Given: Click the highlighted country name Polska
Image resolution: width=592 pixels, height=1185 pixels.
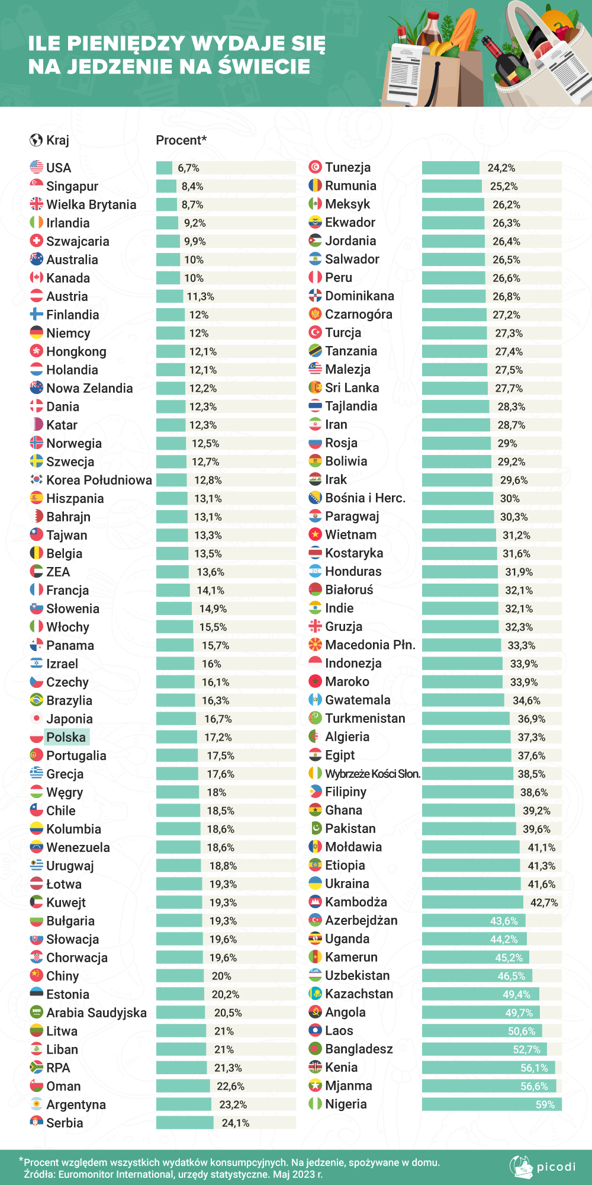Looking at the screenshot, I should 66,737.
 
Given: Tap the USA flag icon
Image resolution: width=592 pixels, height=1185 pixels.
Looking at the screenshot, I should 37,168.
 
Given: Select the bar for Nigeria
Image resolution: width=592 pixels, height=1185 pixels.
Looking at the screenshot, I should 491,1104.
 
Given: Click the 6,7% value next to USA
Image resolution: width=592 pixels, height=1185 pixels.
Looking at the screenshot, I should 188,168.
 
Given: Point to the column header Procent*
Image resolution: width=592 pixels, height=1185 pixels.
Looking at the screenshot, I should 181,140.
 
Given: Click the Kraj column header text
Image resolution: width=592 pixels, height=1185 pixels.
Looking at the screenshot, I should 57,140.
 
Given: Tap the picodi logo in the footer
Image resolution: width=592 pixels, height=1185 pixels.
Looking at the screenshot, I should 542,1167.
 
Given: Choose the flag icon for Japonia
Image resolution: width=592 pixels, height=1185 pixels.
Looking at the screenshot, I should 37,719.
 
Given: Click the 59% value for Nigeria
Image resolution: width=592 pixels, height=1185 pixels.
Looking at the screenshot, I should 545,1104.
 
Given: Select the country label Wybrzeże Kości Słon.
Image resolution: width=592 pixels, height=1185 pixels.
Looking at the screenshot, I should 372,774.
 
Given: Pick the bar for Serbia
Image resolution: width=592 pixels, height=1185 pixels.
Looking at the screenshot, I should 185,1123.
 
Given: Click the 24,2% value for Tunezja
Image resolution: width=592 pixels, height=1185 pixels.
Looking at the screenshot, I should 501,168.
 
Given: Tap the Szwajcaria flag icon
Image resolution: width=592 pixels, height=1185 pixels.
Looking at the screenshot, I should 37,241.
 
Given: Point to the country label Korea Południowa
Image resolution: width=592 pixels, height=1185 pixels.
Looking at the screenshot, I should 99,480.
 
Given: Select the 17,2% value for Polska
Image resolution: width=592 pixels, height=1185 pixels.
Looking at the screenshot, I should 218,738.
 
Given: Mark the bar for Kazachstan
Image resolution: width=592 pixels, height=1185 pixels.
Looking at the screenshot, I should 480,994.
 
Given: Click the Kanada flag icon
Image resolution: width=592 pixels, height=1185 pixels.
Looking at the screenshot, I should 37,278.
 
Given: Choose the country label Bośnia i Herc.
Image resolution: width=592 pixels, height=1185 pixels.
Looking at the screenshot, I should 365,498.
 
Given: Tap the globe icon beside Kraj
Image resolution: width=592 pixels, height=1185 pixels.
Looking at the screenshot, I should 36,140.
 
